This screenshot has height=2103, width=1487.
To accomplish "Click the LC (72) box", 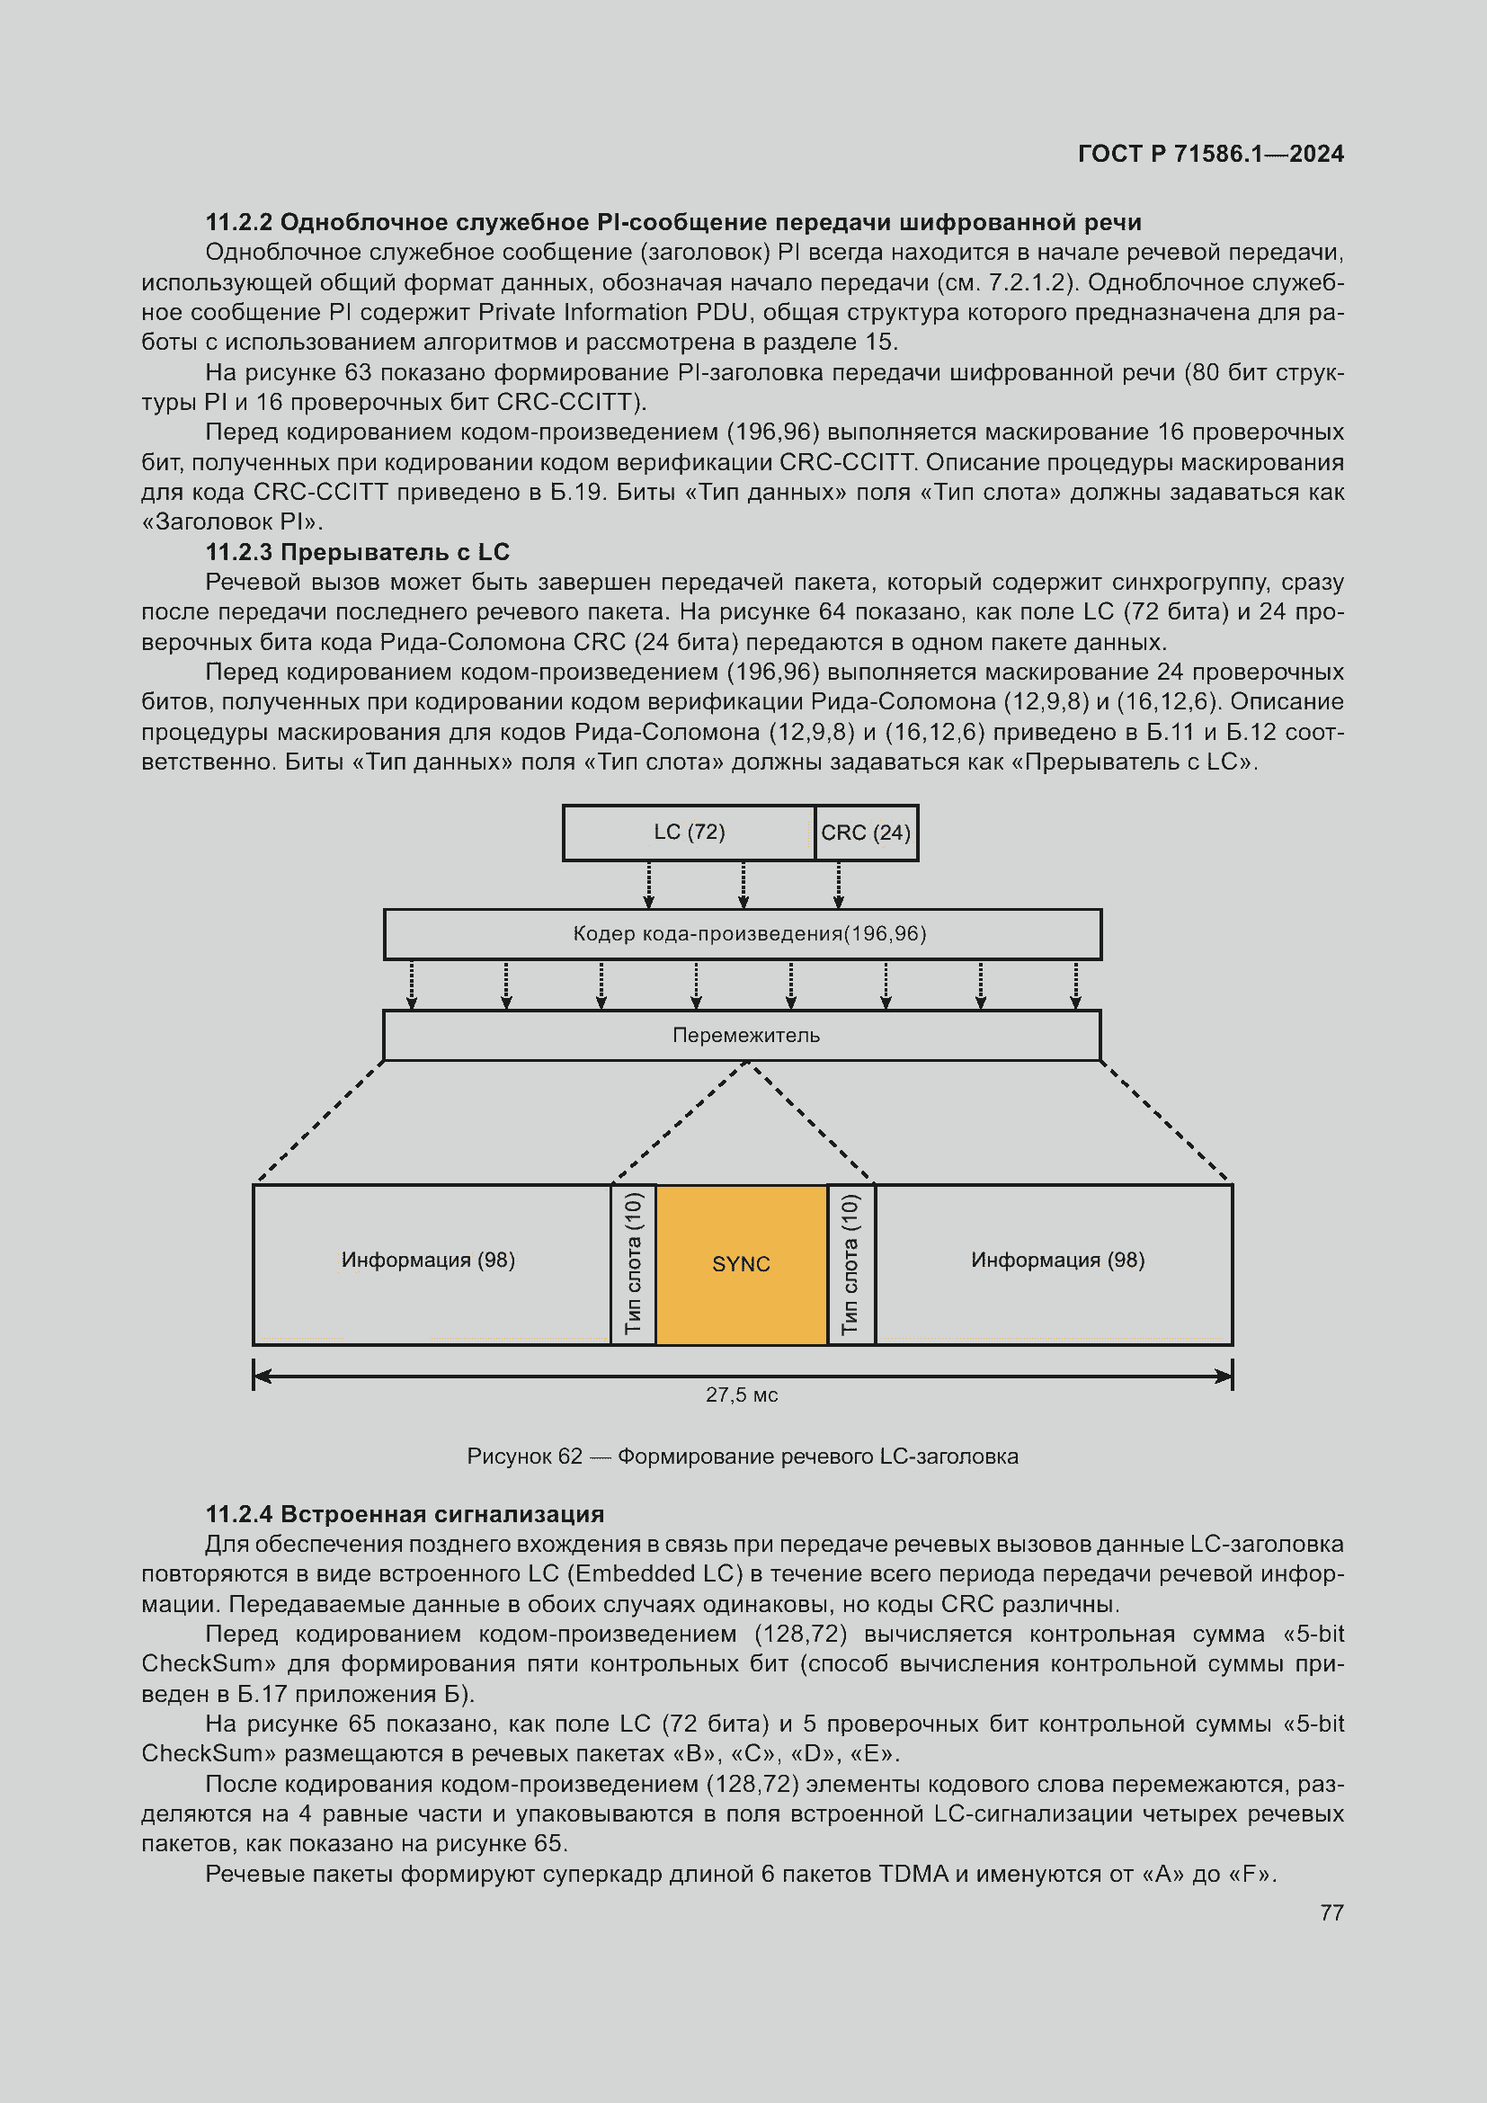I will tap(689, 833).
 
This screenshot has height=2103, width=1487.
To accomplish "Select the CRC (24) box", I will tap(865, 833).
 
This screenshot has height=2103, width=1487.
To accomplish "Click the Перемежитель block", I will tap(742, 1035).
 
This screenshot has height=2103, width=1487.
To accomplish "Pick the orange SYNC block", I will tap(741, 1264).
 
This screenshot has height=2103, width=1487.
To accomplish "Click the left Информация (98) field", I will tap(429, 1261).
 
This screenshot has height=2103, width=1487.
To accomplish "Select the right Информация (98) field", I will tap(1056, 1261).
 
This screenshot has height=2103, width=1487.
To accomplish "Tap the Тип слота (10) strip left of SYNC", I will tap(633, 1264).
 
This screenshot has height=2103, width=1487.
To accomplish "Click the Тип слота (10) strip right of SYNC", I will tap(850, 1264).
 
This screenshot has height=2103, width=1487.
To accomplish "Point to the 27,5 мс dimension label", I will tap(741, 1395).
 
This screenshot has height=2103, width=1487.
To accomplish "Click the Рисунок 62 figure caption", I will tap(742, 1457).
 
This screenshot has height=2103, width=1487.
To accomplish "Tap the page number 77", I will tap(1331, 1912).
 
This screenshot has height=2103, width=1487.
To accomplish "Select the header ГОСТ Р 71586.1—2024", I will tap(1209, 154).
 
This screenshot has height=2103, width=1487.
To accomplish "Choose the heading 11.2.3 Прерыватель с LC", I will tap(357, 552).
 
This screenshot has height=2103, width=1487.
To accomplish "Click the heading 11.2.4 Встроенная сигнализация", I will tap(405, 1514).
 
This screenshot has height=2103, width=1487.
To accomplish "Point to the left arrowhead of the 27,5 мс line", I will tap(261, 1376).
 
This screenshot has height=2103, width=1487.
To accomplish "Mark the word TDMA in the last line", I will tap(913, 1874).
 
